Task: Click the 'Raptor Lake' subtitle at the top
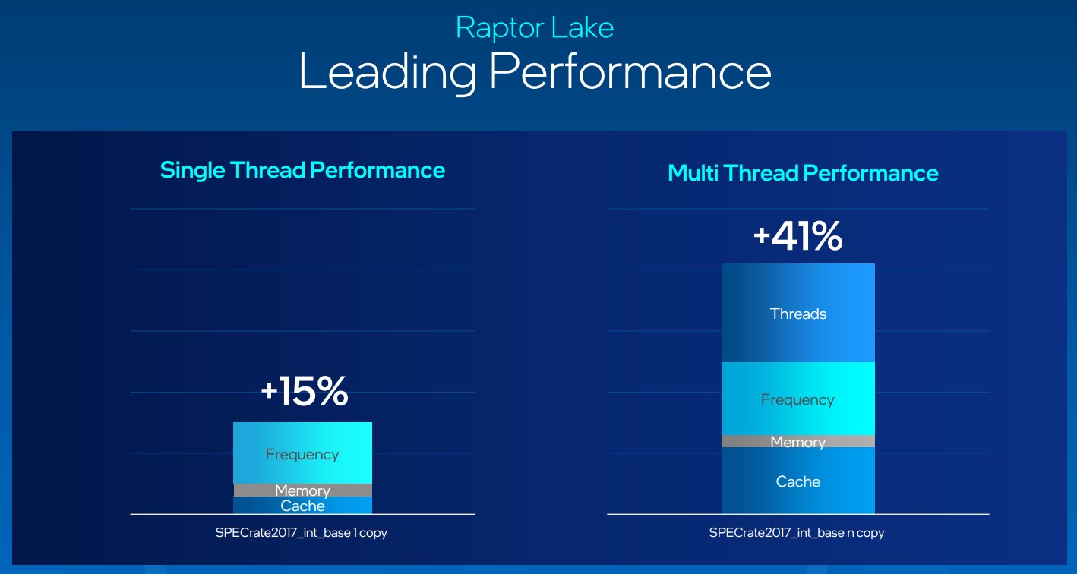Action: click(x=535, y=27)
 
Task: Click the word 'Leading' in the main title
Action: click(x=387, y=72)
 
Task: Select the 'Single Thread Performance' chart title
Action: click(x=302, y=171)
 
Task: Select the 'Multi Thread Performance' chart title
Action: click(x=803, y=173)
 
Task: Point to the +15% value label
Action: click(x=305, y=391)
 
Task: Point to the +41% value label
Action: click(x=798, y=236)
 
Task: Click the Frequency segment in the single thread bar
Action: click(x=302, y=453)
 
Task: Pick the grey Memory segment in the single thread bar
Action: click(x=302, y=490)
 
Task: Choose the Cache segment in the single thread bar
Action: click(x=302, y=505)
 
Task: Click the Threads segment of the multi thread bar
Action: click(x=798, y=313)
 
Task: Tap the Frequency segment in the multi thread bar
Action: click(x=798, y=399)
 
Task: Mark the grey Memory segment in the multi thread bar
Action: click(x=798, y=441)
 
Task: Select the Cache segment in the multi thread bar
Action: click(x=798, y=481)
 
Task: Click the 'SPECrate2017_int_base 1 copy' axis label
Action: click(x=302, y=533)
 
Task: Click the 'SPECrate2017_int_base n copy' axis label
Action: click(x=797, y=533)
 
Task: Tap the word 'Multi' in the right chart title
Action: click(x=693, y=173)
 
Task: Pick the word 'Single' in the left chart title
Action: click(x=192, y=171)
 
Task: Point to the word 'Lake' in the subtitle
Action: click(x=583, y=28)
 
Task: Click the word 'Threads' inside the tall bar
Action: click(x=798, y=314)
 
